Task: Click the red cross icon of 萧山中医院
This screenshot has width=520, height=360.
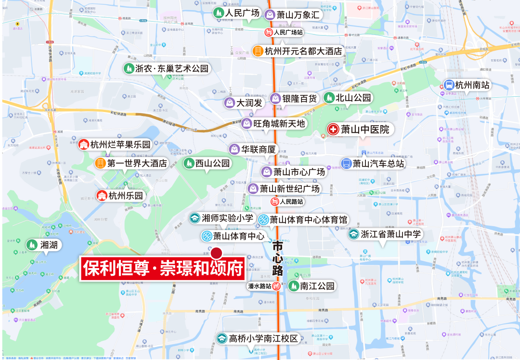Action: (x=333, y=129)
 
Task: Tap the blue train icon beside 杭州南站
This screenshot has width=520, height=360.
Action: (x=450, y=85)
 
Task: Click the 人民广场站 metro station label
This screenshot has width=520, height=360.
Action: (x=288, y=33)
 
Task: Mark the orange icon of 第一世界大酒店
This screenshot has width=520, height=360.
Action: (x=101, y=164)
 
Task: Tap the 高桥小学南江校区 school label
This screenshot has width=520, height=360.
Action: (x=264, y=338)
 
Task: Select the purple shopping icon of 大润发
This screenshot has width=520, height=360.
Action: (x=230, y=103)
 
